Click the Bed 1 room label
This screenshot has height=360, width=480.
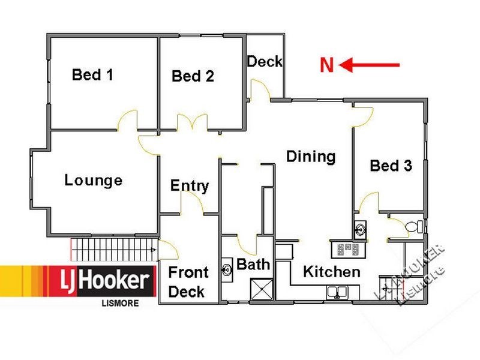(92, 75)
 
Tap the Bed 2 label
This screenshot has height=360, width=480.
(193, 76)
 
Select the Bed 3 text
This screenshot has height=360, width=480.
(391, 166)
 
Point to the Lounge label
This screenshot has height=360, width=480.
(94, 180)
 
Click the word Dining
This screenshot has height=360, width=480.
(310, 157)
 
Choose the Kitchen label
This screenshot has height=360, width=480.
(332, 271)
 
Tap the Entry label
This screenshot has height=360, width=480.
(190, 185)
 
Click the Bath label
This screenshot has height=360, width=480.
(253, 264)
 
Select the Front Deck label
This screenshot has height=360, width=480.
(188, 282)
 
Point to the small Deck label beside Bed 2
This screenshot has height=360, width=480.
(265, 61)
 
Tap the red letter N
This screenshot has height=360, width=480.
(326, 65)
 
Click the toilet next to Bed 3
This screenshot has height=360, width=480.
(413, 227)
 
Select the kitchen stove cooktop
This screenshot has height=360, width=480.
(349, 249)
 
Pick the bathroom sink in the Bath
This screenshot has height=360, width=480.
(227, 269)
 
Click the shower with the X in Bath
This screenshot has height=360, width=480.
(260, 289)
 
